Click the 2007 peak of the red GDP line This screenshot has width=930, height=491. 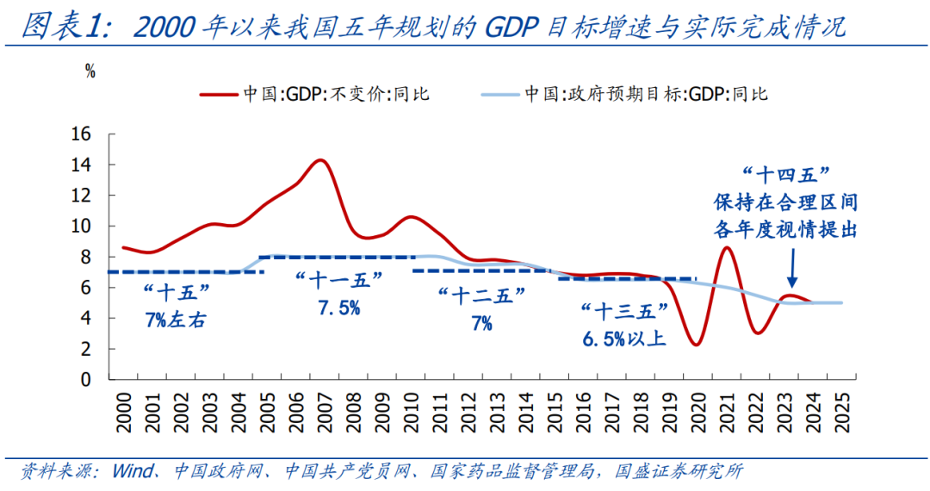320,160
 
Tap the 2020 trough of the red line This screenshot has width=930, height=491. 695,345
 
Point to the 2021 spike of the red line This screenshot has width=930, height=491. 726,248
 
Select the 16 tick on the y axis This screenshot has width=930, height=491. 81,134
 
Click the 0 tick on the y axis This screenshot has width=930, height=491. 85,379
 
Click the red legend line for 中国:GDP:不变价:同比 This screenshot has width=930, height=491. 219,93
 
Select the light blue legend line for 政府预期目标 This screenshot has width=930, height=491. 497,93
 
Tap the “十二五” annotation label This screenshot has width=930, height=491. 480,297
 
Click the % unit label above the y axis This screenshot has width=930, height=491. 90,72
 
